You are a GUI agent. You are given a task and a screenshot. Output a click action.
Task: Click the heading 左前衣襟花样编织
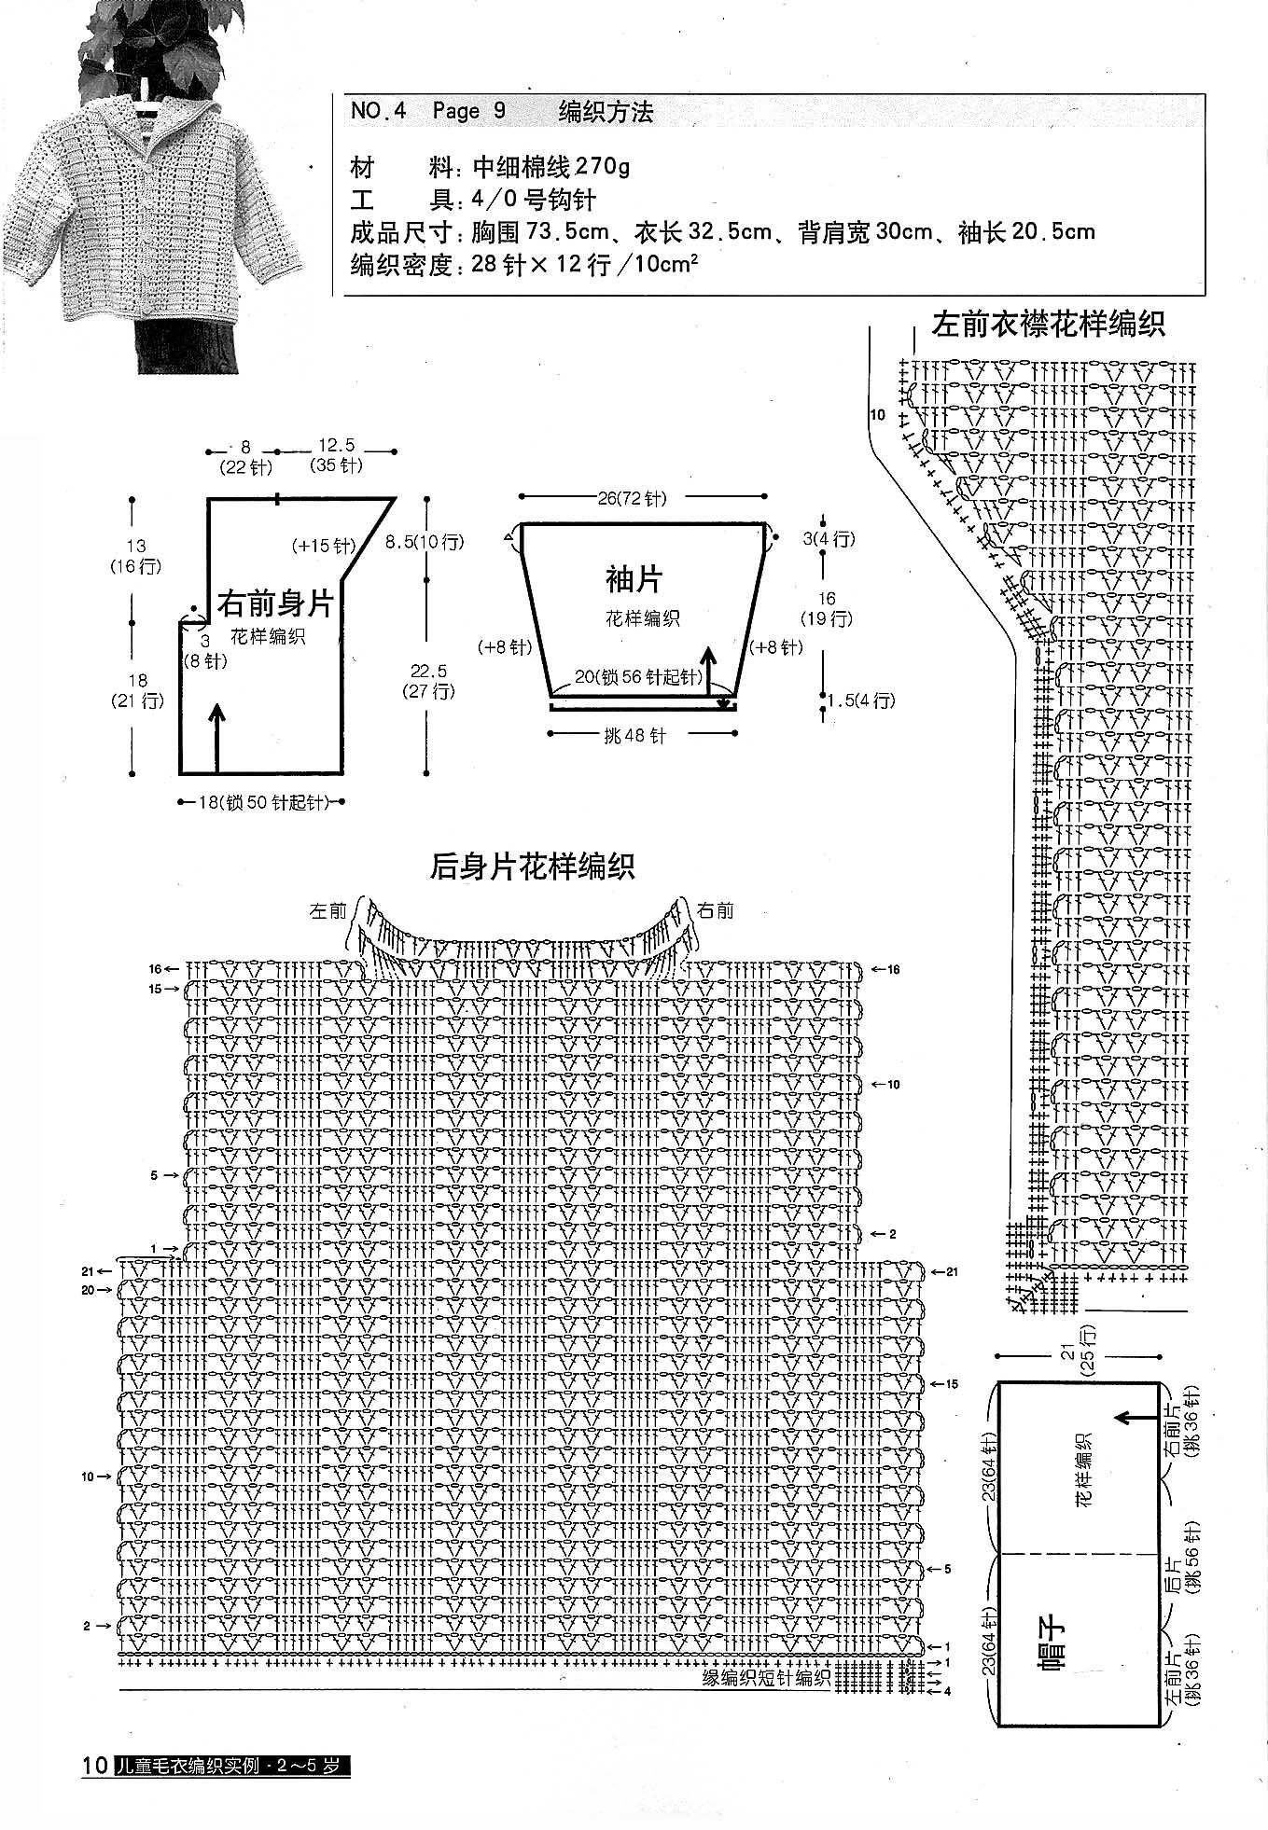1048,324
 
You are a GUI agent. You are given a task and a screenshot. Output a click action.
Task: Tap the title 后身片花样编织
532,866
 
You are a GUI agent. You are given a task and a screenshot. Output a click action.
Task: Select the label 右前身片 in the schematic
275,603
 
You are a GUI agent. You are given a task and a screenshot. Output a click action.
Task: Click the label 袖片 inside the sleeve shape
634,579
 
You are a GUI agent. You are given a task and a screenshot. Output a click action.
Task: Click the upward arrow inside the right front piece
217,737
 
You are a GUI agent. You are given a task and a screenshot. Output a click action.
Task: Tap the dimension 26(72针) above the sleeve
633,498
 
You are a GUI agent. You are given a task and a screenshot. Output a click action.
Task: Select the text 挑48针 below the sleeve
635,735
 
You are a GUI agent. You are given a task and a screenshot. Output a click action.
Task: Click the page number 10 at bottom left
94,1766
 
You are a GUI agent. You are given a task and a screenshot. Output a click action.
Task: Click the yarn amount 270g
603,167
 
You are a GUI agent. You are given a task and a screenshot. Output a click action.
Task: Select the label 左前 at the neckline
327,910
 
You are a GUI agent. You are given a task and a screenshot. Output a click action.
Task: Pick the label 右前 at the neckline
716,910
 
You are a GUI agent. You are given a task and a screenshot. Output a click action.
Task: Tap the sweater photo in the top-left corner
126,187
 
